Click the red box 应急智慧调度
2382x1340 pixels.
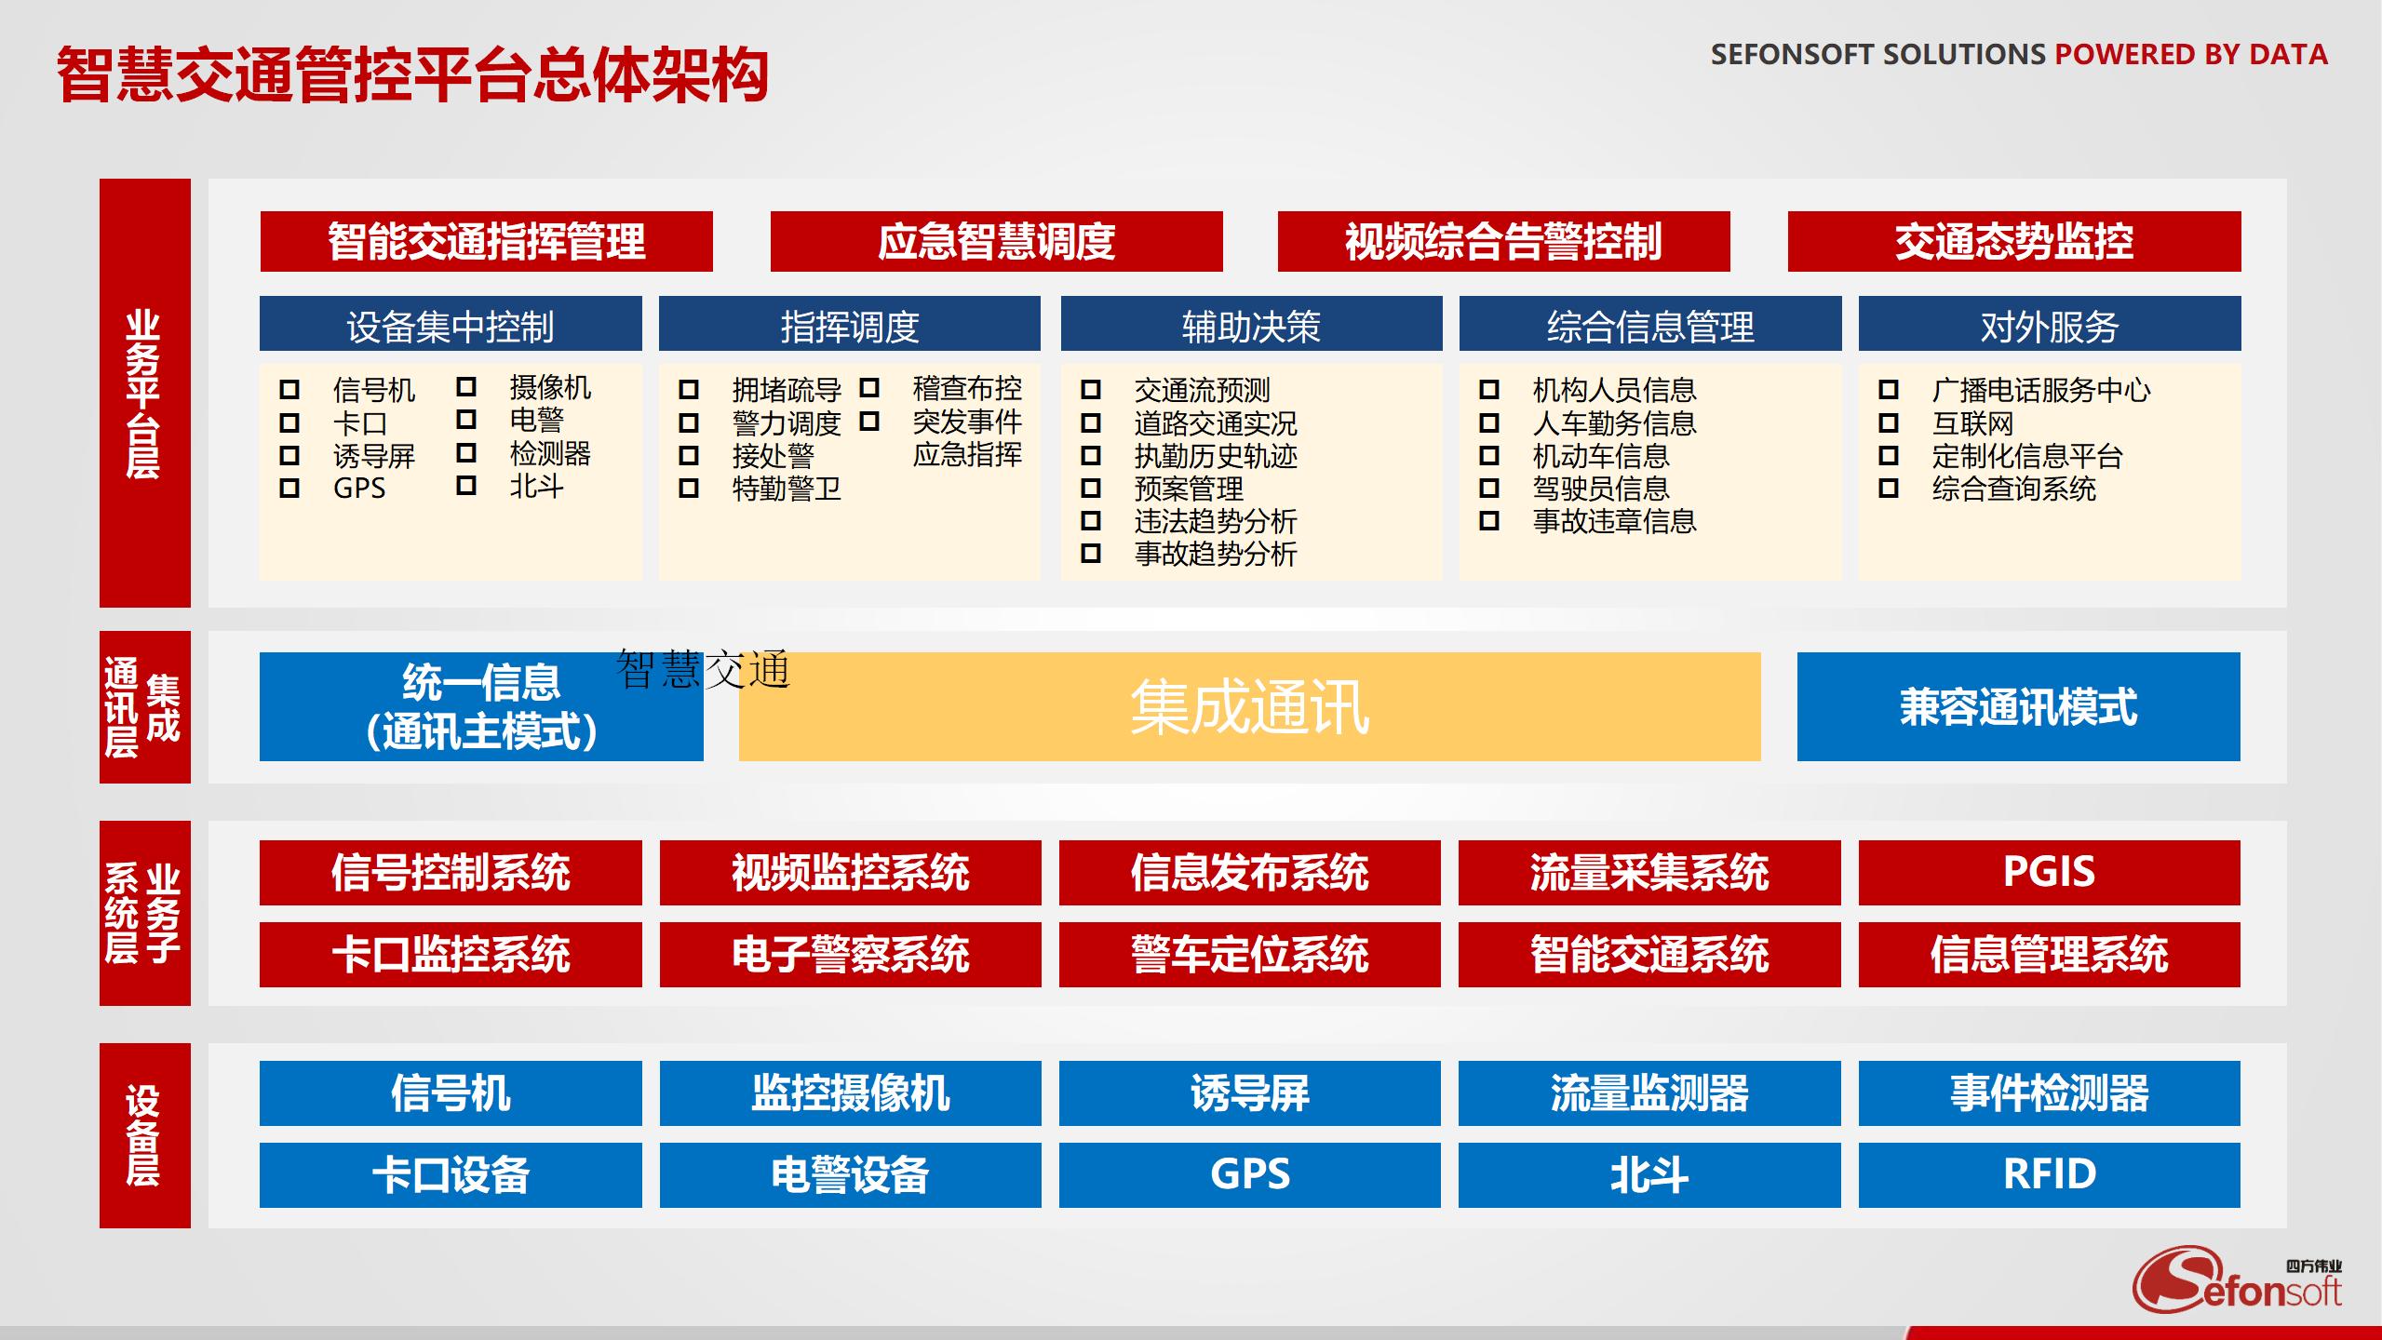996,242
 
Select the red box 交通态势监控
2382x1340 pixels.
2013,242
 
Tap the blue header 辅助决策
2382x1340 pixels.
1251,325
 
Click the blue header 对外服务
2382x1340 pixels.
2049,325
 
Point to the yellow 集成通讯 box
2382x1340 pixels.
1249,707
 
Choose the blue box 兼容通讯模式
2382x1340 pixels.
2018,707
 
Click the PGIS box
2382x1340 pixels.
2049,872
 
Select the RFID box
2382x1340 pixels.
2049,1174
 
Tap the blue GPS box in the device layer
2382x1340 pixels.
1249,1174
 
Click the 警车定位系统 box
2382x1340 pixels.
1249,955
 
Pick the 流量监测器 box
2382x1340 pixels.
1649,1093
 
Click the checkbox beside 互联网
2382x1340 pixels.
1889,423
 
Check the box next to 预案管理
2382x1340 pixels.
1091,489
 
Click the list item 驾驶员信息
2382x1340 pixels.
1601,489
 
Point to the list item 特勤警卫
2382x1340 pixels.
787,489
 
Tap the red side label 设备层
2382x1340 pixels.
144,1135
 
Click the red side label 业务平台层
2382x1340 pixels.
144,393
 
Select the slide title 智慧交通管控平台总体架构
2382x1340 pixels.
412,74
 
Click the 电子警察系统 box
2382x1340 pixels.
850,955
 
